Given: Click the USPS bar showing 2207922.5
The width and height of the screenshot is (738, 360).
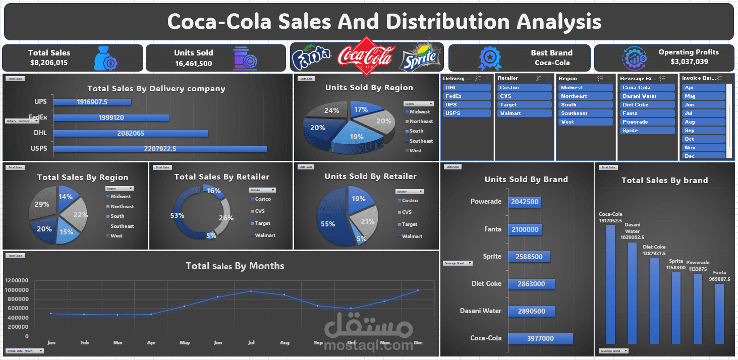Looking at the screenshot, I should point(159,149).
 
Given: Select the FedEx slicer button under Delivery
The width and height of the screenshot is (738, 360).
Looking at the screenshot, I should point(467,96).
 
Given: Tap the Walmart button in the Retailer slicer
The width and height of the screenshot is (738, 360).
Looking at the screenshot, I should point(525,113).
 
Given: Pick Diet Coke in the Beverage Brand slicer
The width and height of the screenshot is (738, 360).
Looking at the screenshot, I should point(647,104).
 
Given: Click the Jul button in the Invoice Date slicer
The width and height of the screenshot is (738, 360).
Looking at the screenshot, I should point(704,113).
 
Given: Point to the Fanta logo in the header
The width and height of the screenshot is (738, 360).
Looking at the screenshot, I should point(311,57).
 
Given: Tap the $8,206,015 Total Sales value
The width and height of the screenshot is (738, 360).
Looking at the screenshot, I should point(49,63).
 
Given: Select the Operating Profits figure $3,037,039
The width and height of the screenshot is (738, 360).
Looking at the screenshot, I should point(689,62).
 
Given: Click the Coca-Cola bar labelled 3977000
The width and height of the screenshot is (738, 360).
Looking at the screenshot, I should point(540,338).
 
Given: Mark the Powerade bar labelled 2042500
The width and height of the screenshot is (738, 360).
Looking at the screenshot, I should point(525,202).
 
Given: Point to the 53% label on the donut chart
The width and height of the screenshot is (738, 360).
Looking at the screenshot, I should point(177,215).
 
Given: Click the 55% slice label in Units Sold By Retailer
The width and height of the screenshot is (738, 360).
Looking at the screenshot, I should point(328,223).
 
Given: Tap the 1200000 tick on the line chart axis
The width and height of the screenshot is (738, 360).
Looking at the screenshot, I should point(18,280).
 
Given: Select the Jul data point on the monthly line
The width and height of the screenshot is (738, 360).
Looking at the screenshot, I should point(251,291).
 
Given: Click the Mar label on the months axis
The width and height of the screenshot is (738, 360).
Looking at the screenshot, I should point(118,343).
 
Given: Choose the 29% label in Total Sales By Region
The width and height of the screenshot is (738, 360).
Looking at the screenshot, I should point(41,204).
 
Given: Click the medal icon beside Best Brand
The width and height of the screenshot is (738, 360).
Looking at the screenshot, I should point(490,58).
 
